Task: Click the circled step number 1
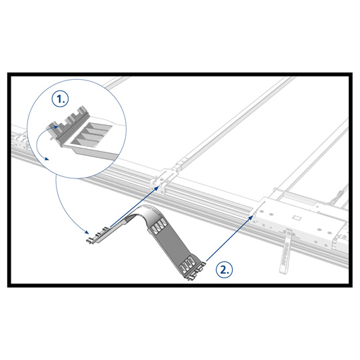coord(60,99)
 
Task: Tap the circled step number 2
coord(224,270)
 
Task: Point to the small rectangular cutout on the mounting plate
coord(297,218)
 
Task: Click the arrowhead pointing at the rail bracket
coord(156,188)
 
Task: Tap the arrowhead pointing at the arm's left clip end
coord(87,232)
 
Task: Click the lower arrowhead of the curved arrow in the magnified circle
coord(47,158)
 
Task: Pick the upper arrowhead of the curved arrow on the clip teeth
coord(56,126)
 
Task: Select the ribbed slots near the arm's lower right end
coord(187,263)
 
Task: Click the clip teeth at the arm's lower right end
coord(196,273)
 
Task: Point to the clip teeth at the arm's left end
coord(97,235)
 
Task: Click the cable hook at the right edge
coord(339,194)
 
